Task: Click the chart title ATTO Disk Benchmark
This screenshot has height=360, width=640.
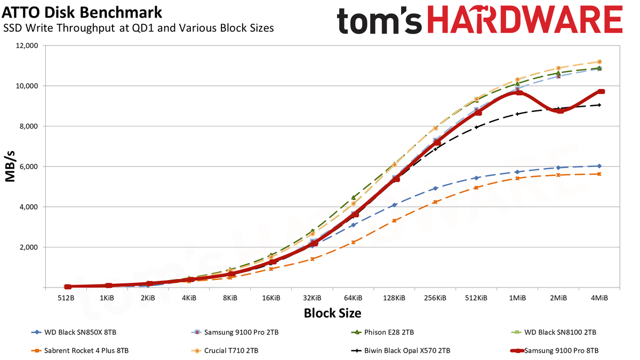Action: pyautogui.click(x=82, y=13)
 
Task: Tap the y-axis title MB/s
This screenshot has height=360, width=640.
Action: pyautogui.click(x=10, y=166)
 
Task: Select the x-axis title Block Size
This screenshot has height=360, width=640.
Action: pyautogui.click(x=332, y=313)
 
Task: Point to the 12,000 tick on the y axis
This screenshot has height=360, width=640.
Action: pyautogui.click(x=26, y=46)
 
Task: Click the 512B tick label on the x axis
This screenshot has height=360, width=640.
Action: pyautogui.click(x=66, y=298)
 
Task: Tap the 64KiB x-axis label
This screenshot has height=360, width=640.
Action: pyautogui.click(x=353, y=298)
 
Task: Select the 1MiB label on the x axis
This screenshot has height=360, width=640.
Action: pyautogui.click(x=517, y=298)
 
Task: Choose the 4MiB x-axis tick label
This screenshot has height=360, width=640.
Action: pyautogui.click(x=599, y=298)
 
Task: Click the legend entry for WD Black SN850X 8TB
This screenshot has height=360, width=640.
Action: pyautogui.click(x=74, y=332)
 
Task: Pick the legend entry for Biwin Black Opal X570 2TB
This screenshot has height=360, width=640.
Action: pyautogui.click(x=401, y=350)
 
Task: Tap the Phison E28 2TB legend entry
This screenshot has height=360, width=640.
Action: pyautogui.click(x=382, y=332)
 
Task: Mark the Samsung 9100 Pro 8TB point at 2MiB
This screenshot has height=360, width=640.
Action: pyautogui.click(x=560, y=110)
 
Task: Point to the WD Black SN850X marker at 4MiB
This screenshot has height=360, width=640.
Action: pyautogui.click(x=599, y=166)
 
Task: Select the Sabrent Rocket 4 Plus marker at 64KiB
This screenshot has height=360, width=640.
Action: pyautogui.click(x=353, y=242)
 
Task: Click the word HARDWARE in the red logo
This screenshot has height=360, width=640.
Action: pyautogui.click(x=525, y=20)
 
